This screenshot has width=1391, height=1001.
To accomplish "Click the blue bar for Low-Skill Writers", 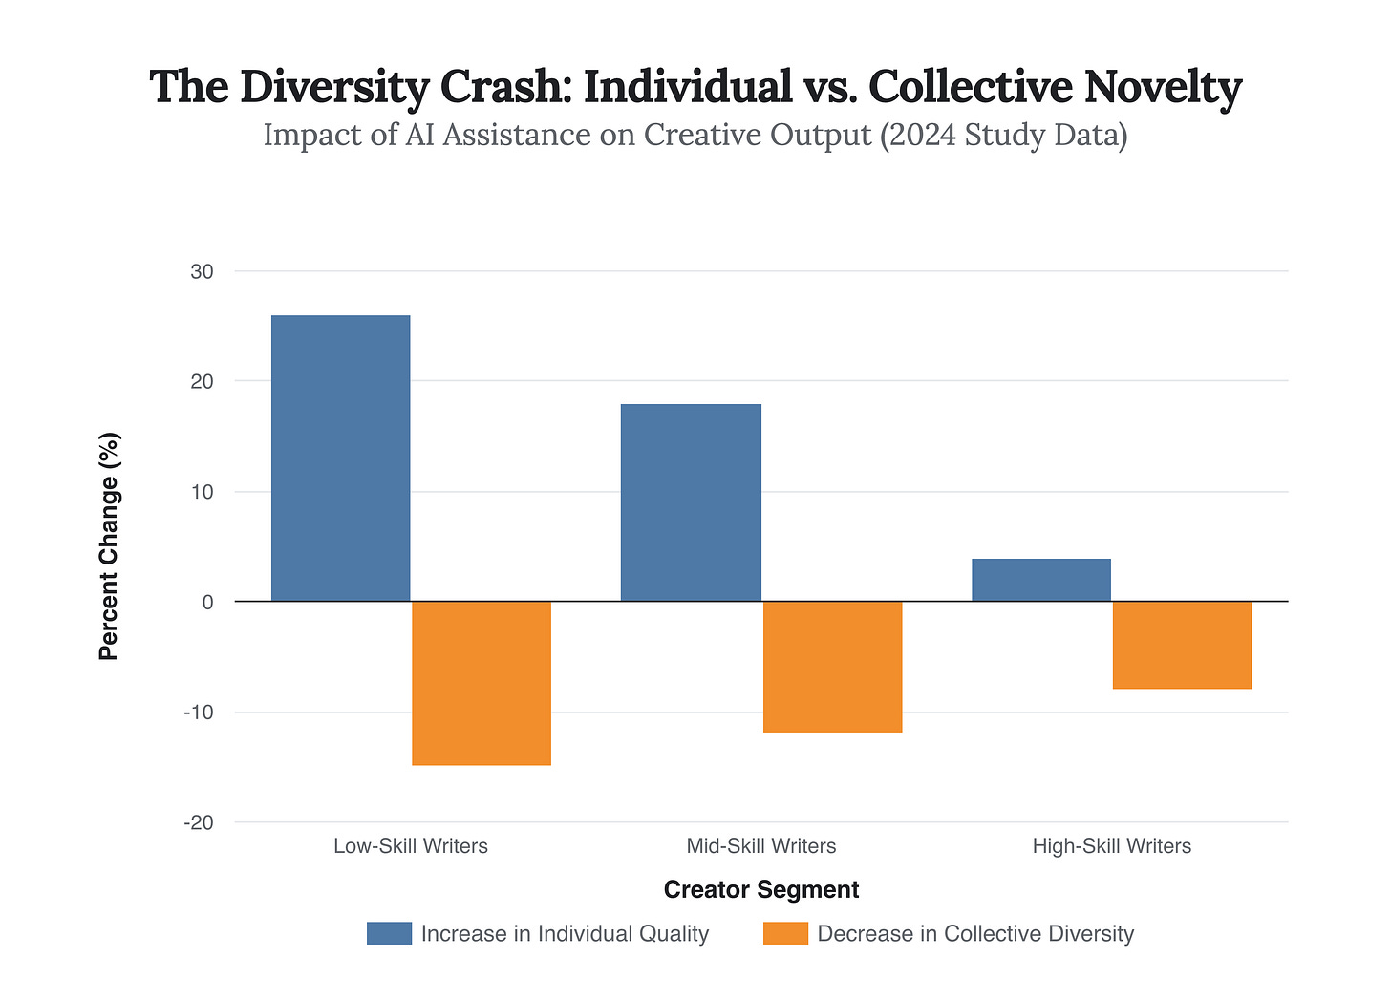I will coord(340,458).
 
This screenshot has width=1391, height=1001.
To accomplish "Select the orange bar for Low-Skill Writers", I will coord(481,683).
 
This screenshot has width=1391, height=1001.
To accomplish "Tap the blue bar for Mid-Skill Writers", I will coord(691,502).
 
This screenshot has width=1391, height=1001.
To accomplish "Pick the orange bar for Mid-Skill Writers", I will coord(832,667).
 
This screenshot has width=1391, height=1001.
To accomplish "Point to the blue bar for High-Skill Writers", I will coord(1041,580).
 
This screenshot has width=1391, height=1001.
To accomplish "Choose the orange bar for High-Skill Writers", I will coord(1182,645).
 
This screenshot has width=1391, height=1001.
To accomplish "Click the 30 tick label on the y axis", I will coord(202,271).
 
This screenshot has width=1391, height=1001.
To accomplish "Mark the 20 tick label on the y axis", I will coord(202,381).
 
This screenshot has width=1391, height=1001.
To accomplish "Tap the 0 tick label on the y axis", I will coord(207,602).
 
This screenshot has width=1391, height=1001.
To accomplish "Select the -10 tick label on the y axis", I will coord(198,713).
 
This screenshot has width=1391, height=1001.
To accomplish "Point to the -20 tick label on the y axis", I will coord(198,822).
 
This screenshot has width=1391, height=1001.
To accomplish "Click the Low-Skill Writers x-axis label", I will coord(411,846).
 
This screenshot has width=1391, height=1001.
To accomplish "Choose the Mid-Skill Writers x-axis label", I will coord(761,846).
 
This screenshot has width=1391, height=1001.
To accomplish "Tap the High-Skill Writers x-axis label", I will coord(1112,846).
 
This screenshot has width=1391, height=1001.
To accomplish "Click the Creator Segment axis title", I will coord(761,890).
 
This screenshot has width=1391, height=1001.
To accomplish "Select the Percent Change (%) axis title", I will coord(109,546).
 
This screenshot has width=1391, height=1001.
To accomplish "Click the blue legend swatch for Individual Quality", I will coord(389,933).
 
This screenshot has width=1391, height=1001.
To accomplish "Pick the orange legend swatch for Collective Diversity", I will coord(785,933).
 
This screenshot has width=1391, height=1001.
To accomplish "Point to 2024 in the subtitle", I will coord(921,135).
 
